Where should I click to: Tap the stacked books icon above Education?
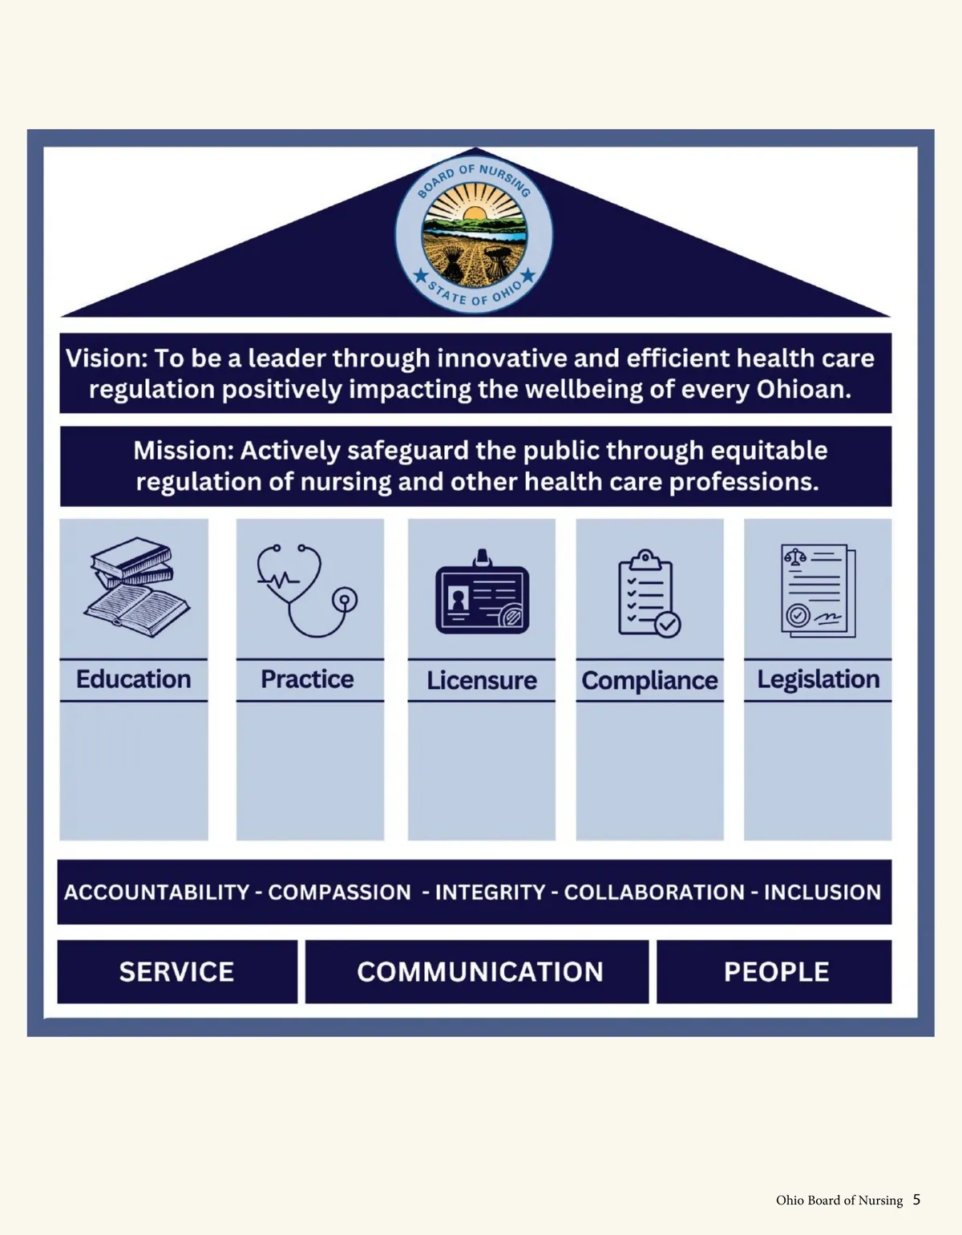137,587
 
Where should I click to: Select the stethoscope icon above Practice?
307,590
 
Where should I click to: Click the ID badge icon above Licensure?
482,592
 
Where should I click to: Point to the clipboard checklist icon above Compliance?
649,593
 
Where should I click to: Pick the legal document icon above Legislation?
818,590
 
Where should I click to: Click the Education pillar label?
133,679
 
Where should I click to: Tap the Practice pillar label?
307,679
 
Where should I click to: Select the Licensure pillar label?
482,680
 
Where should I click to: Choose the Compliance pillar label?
649,681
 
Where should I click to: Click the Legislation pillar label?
819,680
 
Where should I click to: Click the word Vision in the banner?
106,358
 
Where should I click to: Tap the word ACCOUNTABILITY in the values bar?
157,892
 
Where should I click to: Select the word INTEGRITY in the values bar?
490,892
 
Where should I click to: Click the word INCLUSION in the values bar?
823,892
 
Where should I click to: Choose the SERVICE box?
177,971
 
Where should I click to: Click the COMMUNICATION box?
477,971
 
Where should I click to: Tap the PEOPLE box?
774,971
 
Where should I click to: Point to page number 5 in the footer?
916,1200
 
